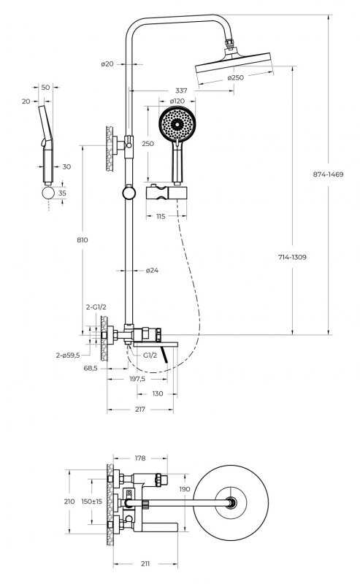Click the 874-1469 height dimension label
(328, 174)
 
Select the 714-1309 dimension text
(292, 257)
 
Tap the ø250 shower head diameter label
(236, 77)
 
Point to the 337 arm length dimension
(181, 91)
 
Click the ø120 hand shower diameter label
(177, 101)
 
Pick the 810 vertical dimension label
(83, 240)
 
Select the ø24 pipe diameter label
(152, 270)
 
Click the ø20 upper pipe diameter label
(107, 64)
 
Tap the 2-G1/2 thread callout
(96, 307)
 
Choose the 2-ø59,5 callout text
(68, 356)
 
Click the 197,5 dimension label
(137, 379)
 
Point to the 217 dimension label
(139, 410)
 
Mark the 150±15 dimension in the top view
(92, 502)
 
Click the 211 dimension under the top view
(145, 564)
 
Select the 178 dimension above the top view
(140, 458)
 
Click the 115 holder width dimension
(161, 216)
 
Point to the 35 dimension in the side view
(62, 193)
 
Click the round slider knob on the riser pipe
(129, 193)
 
